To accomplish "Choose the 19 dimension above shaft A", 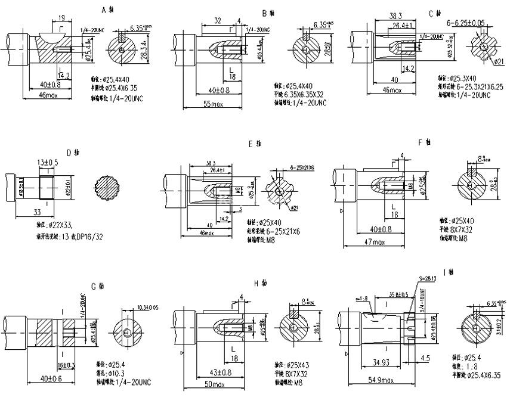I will tap(62, 18).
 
